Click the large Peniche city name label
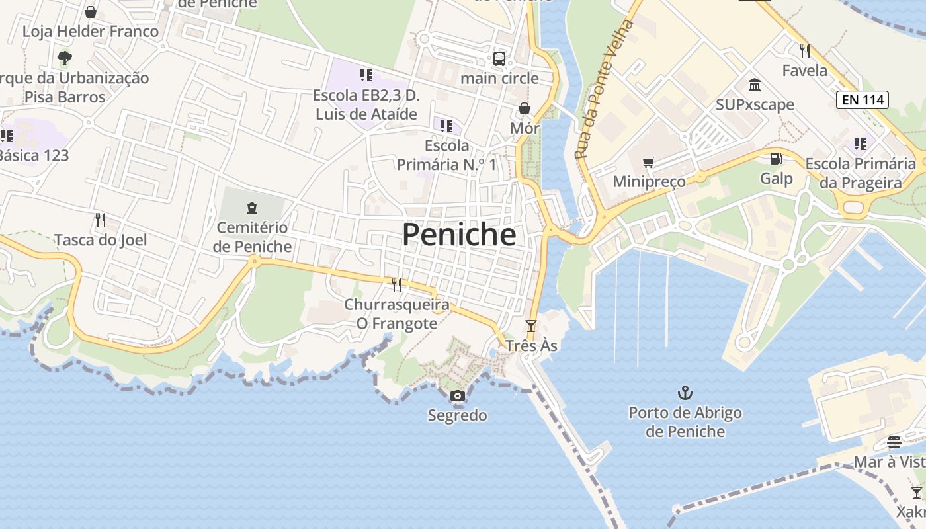[x=459, y=235]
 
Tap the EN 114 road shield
[x=862, y=100]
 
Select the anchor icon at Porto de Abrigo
[x=685, y=393]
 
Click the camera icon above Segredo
[x=457, y=396]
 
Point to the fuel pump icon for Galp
[x=776, y=159]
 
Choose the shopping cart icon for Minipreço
[x=649, y=163]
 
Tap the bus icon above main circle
[x=499, y=59]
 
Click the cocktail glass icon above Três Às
[x=530, y=325]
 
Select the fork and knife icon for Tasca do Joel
[x=100, y=220]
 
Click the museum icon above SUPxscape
[x=755, y=85]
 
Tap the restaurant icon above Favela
[x=804, y=51]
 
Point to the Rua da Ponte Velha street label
[x=604, y=89]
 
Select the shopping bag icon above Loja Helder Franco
[x=91, y=12]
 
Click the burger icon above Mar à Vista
[x=894, y=442]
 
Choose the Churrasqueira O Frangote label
[x=397, y=314]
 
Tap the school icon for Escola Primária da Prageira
[x=860, y=143]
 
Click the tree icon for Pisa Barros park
[x=64, y=58]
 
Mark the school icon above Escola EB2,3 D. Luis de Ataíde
[x=366, y=75]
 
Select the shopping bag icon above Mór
[x=525, y=108]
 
